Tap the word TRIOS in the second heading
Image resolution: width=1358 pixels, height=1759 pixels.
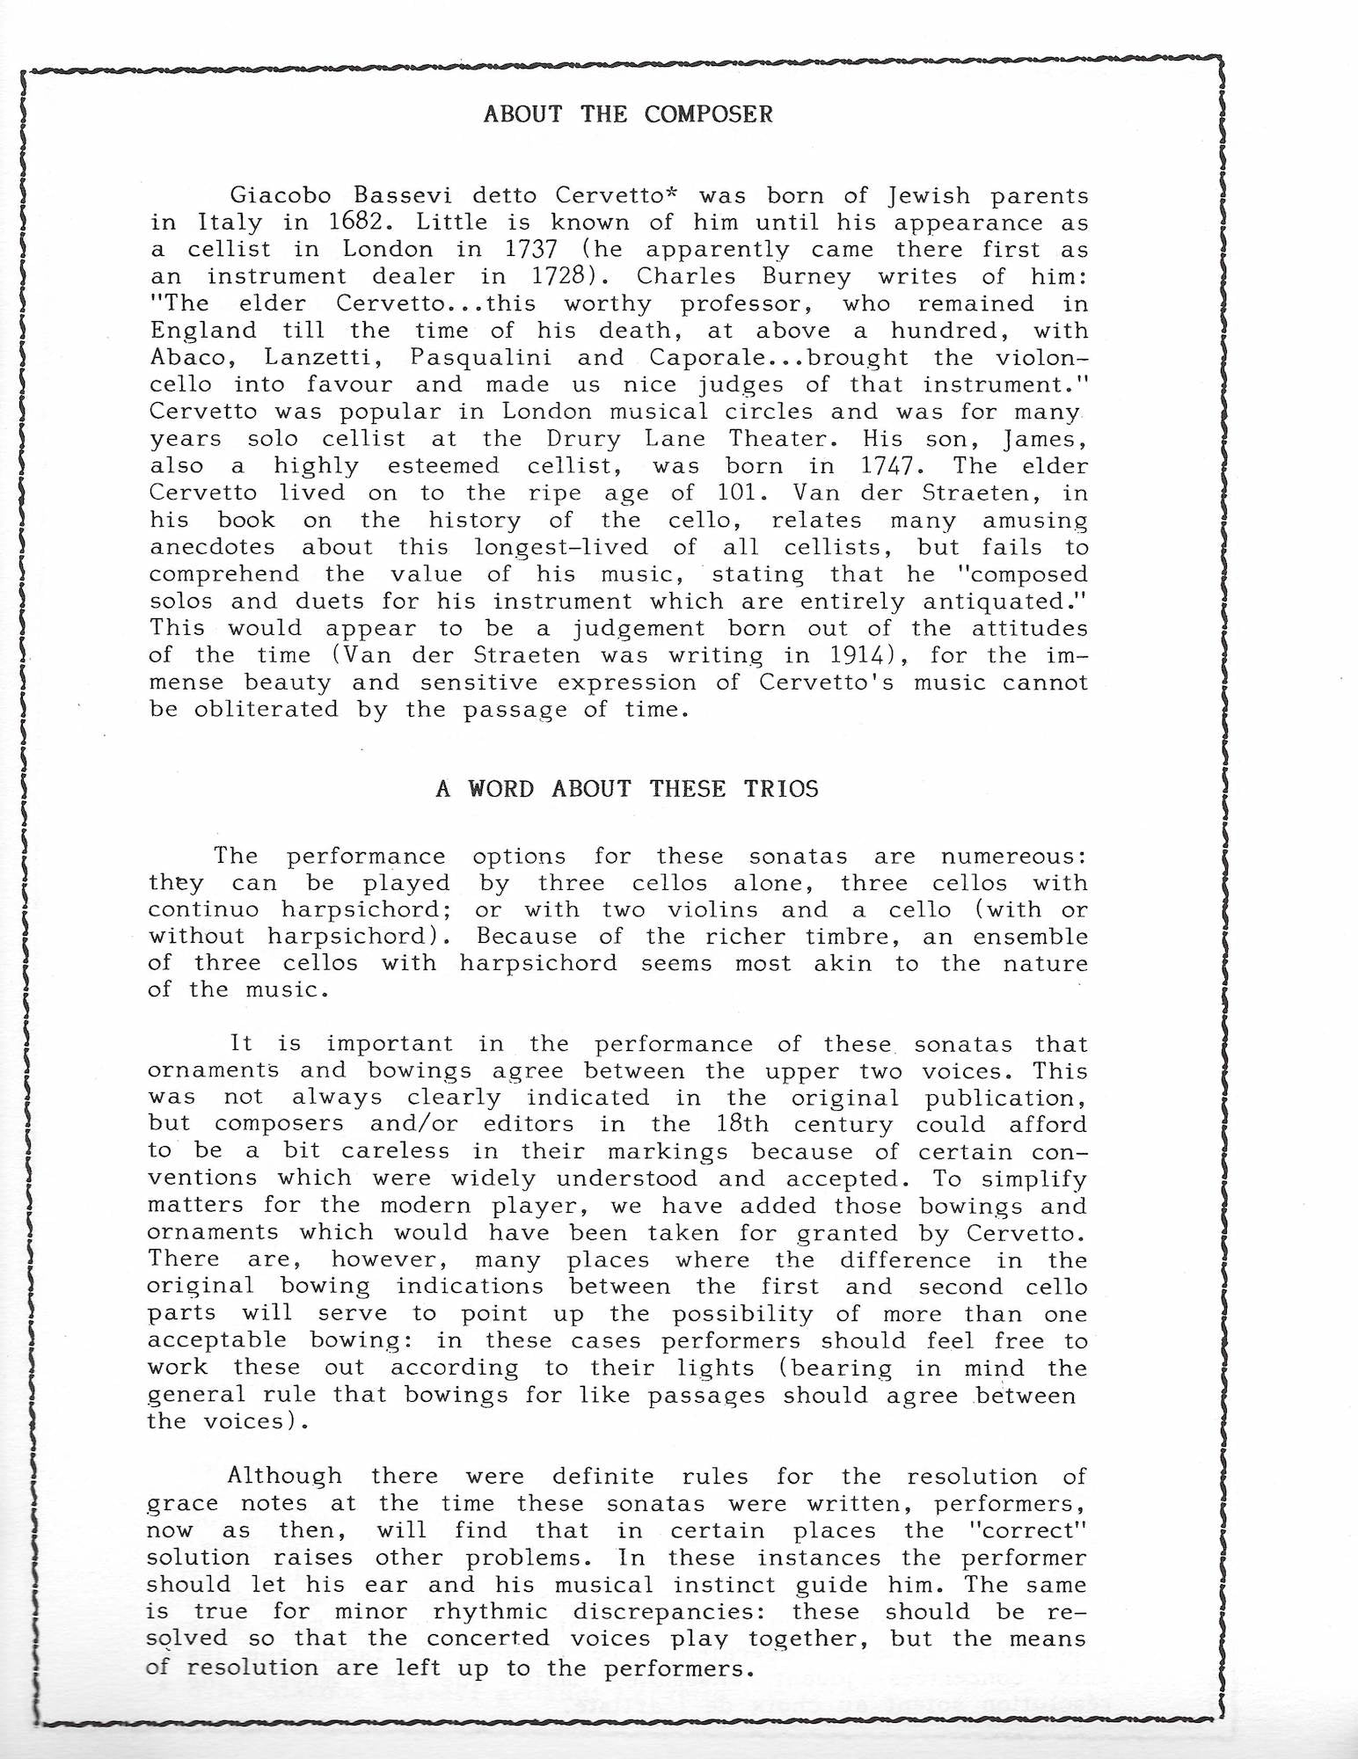[781, 788]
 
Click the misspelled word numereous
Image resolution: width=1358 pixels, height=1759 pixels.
[1013, 857]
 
